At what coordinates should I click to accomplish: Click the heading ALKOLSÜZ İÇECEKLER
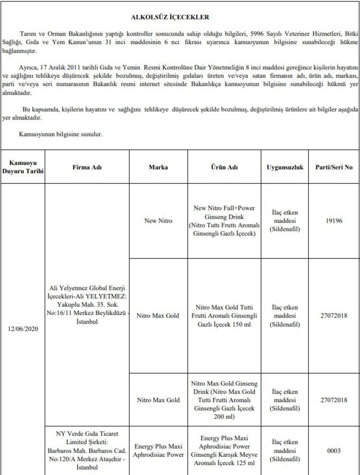click(170, 17)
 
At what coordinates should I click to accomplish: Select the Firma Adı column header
click(87, 168)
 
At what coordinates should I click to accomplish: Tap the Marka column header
click(158, 168)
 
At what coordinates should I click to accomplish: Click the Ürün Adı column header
click(225, 168)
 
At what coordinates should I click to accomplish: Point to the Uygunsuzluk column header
click(285, 168)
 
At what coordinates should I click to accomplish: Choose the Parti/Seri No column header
click(333, 168)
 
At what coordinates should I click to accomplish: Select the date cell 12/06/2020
click(23, 329)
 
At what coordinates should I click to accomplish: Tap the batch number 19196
click(333, 221)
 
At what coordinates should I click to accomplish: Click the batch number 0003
click(333, 451)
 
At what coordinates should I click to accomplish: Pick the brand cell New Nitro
click(158, 221)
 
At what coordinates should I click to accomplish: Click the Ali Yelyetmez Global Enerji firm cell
click(87, 304)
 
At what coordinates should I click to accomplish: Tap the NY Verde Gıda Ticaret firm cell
click(87, 450)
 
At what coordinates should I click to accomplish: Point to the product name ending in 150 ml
click(225, 316)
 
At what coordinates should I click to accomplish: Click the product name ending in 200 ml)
click(225, 400)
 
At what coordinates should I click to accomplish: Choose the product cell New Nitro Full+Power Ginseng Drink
click(225, 220)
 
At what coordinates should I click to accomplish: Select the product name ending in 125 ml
click(225, 450)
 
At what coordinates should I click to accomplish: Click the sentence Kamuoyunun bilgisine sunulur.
click(60, 134)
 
